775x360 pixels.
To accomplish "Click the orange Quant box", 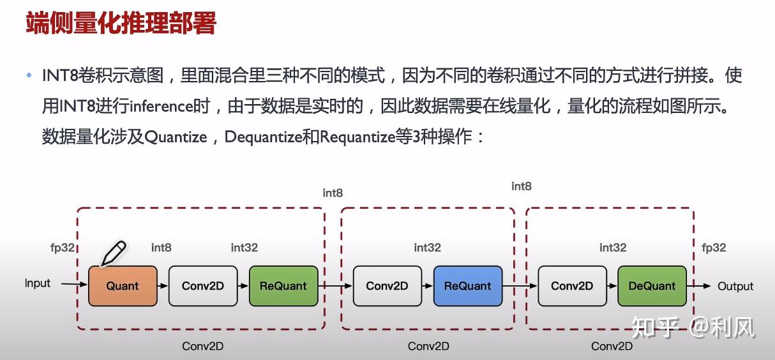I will [123, 286].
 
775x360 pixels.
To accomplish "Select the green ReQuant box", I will [283, 286].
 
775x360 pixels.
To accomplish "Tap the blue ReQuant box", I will [468, 286].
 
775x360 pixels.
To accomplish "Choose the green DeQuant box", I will [652, 286].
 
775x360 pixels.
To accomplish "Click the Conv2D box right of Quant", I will [203, 286].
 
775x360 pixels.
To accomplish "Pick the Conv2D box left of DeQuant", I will [572, 286].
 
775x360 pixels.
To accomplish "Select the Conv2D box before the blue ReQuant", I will [387, 286].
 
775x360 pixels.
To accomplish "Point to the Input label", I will [38, 283].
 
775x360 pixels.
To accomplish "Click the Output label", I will [735, 286].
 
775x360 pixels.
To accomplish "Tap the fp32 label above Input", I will [63, 248].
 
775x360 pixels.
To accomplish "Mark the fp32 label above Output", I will [714, 248].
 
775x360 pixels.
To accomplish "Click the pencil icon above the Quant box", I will [114, 253].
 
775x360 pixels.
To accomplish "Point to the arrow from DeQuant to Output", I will [698, 286].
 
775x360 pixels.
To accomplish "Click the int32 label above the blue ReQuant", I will [428, 248].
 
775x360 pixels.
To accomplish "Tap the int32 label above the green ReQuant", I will [245, 248].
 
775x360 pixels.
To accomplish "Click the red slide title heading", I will [121, 24].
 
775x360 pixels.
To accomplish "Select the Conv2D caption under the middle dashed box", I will [428, 346].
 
